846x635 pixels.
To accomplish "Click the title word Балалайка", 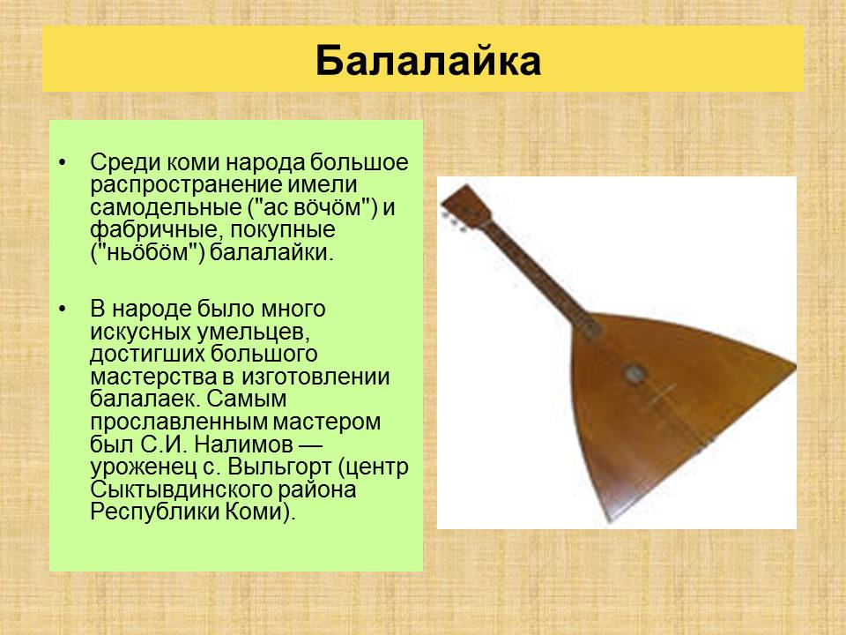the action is [x=428, y=61].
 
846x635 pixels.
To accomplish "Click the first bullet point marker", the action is [x=63, y=162].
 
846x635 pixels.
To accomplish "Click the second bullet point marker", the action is [x=63, y=310].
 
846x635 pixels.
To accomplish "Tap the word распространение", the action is [x=185, y=185].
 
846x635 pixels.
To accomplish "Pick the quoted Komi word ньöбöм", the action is [x=148, y=252].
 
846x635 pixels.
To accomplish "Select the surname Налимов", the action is [x=243, y=444].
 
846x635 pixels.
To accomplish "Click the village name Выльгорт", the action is [x=279, y=467].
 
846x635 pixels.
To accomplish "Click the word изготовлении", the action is [x=315, y=377].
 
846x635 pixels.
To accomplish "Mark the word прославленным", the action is [x=177, y=422].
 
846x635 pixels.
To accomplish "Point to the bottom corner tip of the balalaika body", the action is [x=610, y=522].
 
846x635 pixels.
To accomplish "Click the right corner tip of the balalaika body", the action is [x=794, y=367].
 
